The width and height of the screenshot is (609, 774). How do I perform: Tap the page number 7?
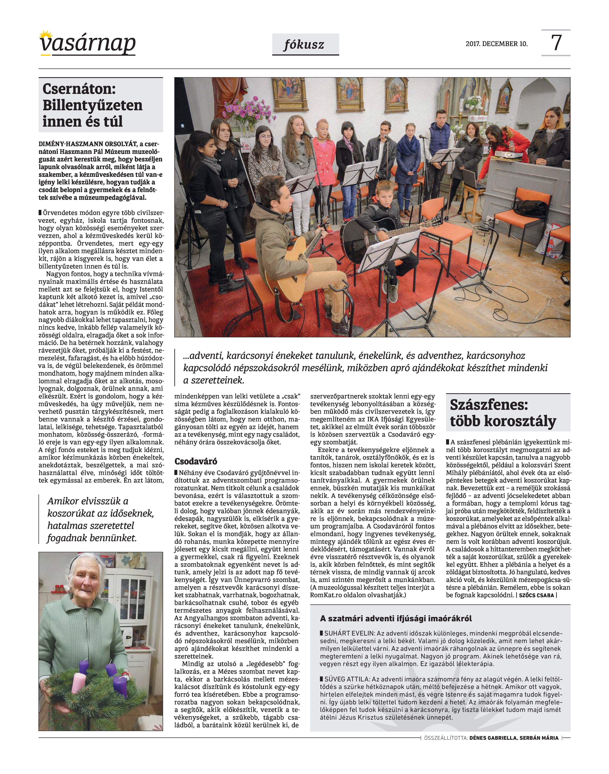tap(556, 43)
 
